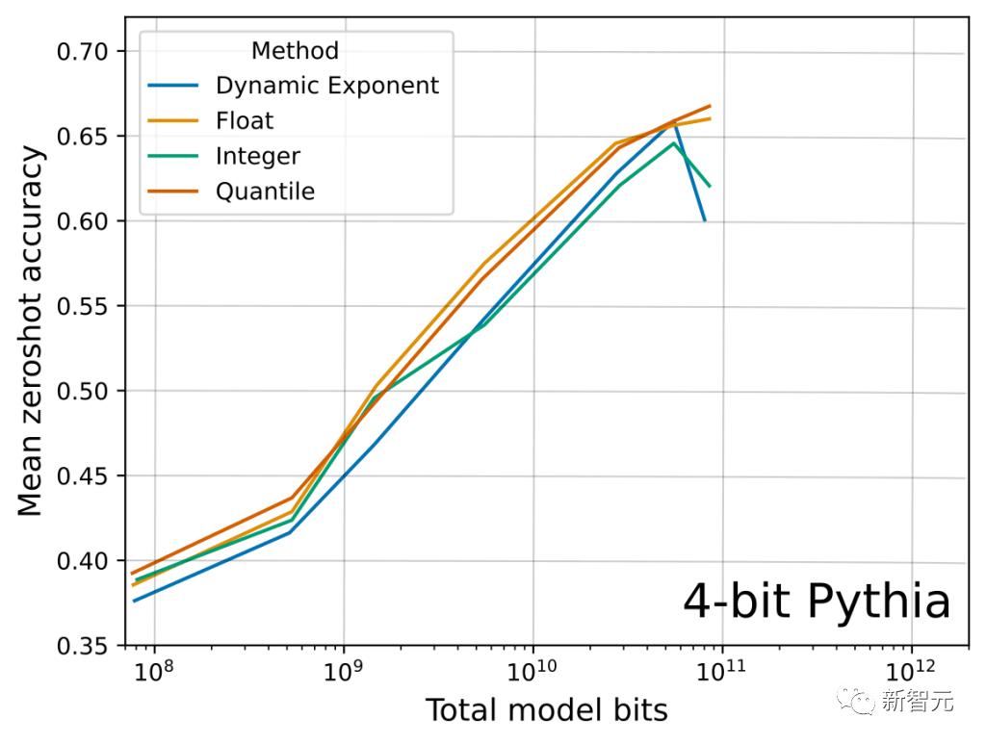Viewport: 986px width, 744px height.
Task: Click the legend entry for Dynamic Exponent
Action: [x=326, y=86]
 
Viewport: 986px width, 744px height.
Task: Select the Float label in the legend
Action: [x=245, y=120]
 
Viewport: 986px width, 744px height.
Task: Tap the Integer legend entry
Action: [x=258, y=156]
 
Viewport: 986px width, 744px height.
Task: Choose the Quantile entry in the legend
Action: [x=265, y=192]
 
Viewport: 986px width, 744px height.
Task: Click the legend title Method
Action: [x=295, y=50]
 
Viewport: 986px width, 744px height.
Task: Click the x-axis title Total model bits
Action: [x=546, y=710]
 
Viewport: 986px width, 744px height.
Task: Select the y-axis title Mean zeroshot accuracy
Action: [x=31, y=330]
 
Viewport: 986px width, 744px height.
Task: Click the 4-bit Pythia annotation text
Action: [x=817, y=602]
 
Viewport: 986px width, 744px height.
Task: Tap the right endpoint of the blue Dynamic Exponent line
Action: [x=705, y=220]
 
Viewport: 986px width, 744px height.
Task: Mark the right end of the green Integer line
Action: [x=710, y=185]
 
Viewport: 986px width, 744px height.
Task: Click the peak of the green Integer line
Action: [x=674, y=143]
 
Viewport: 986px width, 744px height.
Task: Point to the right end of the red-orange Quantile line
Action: [x=710, y=106]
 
